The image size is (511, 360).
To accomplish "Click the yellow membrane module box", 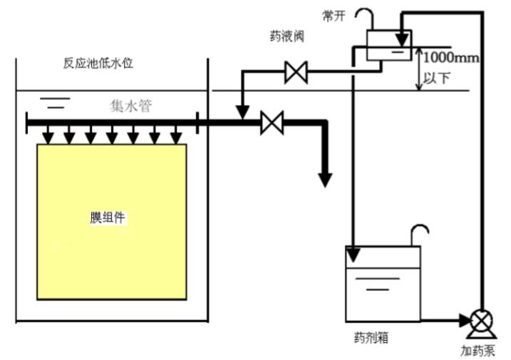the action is [112, 222].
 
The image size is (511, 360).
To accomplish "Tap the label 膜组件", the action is [108, 217].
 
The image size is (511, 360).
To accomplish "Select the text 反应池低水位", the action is [98, 63].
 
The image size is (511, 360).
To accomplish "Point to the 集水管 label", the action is [131, 106].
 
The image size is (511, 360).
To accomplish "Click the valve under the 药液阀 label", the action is [296, 72].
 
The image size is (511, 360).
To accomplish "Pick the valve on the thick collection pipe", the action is [272, 123].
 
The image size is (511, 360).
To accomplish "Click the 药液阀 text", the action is [287, 36].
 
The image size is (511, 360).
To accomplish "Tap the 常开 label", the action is [334, 16].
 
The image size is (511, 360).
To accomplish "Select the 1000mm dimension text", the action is [451, 58].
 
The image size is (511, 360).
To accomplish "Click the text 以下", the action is [436, 78].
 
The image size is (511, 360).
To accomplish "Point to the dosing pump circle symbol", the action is [482, 320].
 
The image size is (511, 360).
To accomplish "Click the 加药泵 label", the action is [478, 351].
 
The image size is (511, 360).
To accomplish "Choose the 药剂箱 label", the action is [371, 338].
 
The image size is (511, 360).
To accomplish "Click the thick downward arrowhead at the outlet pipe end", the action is [325, 180].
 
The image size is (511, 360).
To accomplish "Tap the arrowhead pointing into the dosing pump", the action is [465, 320].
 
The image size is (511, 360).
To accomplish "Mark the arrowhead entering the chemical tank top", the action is [353, 255].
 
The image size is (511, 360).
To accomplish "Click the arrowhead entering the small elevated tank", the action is [402, 40].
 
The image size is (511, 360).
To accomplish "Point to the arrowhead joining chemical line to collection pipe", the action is [242, 113].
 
